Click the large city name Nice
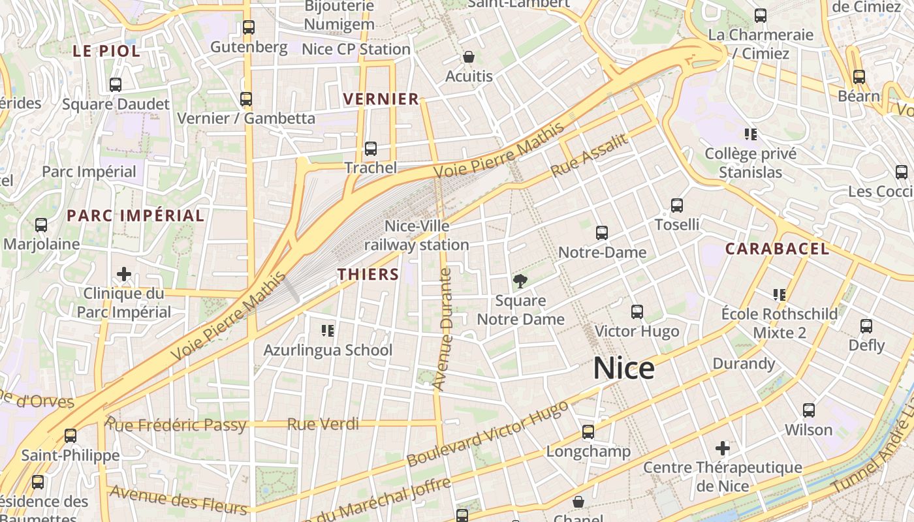(623, 369)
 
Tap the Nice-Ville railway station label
(417, 236)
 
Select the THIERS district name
(368, 275)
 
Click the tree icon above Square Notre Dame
(520, 282)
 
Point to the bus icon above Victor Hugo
(637, 312)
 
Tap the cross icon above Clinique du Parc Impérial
(124, 274)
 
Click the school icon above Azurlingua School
(328, 331)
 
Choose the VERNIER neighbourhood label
(381, 99)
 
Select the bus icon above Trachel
(371, 149)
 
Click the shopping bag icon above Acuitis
(468, 57)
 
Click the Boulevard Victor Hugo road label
(486, 434)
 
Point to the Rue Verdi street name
(323, 424)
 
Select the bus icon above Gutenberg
(248, 27)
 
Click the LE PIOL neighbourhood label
(106, 51)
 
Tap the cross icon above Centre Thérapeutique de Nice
(722, 448)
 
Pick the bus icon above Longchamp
(588, 432)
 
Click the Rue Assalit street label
(589, 156)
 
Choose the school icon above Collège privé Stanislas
(750, 135)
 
